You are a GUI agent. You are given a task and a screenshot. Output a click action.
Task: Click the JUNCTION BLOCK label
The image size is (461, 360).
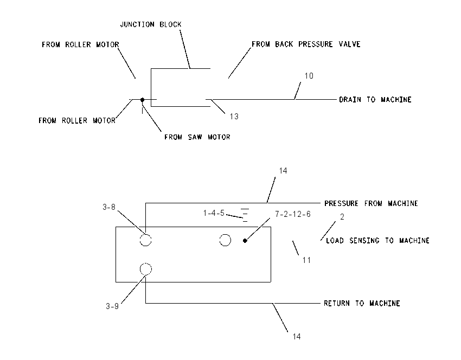point(151,24)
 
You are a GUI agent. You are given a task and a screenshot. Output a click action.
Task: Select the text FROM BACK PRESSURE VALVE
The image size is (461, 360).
point(306,44)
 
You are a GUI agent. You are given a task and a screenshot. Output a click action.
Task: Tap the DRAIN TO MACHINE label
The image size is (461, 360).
point(375,100)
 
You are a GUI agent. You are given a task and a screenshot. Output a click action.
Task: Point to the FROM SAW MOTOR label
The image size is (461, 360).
point(197,137)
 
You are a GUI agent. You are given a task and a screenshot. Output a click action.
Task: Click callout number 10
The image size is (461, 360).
point(309,76)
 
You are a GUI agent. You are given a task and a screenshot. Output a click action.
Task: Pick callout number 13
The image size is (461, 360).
point(234,117)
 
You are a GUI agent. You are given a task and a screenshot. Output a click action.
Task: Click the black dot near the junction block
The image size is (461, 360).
point(142,100)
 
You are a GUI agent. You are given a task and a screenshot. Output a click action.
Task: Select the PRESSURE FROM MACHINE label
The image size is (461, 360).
point(371,203)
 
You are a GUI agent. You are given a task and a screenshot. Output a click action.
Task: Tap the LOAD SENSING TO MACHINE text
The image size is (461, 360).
point(378,241)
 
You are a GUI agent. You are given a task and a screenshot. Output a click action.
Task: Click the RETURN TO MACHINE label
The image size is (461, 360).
point(362,303)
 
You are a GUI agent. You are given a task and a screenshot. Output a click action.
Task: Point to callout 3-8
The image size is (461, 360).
point(109,207)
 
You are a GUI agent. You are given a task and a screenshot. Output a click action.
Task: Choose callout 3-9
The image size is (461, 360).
point(112,306)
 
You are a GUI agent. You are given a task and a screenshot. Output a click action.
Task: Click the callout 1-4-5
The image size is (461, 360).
point(214,213)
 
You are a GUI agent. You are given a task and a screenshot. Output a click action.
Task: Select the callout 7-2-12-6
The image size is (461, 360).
point(293,214)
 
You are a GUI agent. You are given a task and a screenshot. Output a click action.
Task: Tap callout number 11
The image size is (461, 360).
point(306,260)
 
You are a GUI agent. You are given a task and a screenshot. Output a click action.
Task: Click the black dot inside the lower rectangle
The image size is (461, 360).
point(245,241)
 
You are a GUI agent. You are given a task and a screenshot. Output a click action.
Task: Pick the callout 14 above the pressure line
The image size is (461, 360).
point(283,171)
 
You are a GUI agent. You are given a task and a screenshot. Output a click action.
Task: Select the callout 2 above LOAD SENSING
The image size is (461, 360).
point(342,217)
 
